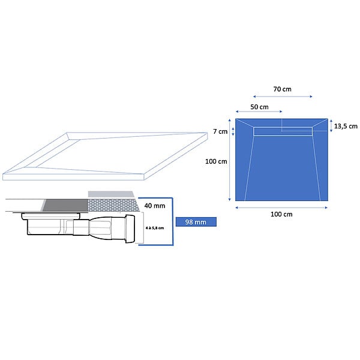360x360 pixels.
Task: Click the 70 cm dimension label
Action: (282, 89)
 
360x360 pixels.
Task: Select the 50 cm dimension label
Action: (259, 107)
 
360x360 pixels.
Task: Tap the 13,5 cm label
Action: (346, 126)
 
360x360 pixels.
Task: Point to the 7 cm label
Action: (220, 131)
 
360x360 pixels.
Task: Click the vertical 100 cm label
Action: (216, 161)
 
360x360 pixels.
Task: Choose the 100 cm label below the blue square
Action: (281, 214)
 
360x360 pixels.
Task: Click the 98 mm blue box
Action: (196, 222)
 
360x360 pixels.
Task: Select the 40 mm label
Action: (155, 206)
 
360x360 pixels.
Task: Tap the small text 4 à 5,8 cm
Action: (155, 228)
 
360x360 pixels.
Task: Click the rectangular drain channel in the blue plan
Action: (283, 131)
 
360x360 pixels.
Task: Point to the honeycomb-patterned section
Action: (113, 205)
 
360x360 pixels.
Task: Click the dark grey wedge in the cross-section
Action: (66, 205)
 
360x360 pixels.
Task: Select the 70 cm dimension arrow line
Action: (283, 97)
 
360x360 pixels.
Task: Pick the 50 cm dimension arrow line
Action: (259, 112)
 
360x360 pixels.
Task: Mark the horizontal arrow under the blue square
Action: (281, 208)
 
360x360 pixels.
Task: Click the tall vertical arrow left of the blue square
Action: (229, 160)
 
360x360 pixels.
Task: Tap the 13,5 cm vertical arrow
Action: (331, 126)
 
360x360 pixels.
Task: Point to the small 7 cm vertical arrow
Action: (233, 131)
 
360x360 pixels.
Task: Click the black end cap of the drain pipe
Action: (130, 229)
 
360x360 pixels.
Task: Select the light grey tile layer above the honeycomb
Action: (111, 194)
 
